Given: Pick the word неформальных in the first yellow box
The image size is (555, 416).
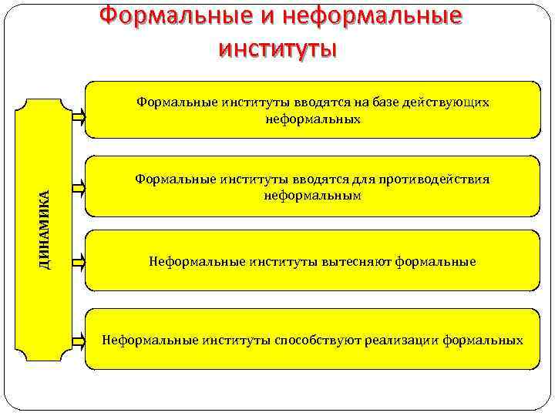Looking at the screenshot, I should [x=312, y=119].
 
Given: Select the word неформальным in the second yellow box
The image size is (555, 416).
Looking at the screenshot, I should [x=312, y=196].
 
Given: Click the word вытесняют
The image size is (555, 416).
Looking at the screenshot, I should [x=358, y=262].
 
